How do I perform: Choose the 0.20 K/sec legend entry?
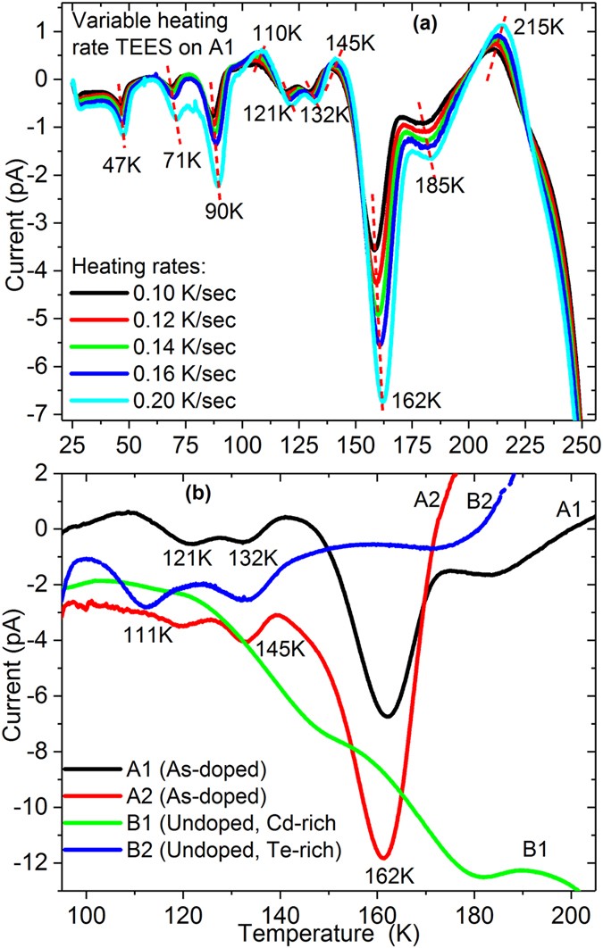click(152, 401)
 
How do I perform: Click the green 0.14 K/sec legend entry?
click(152, 347)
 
